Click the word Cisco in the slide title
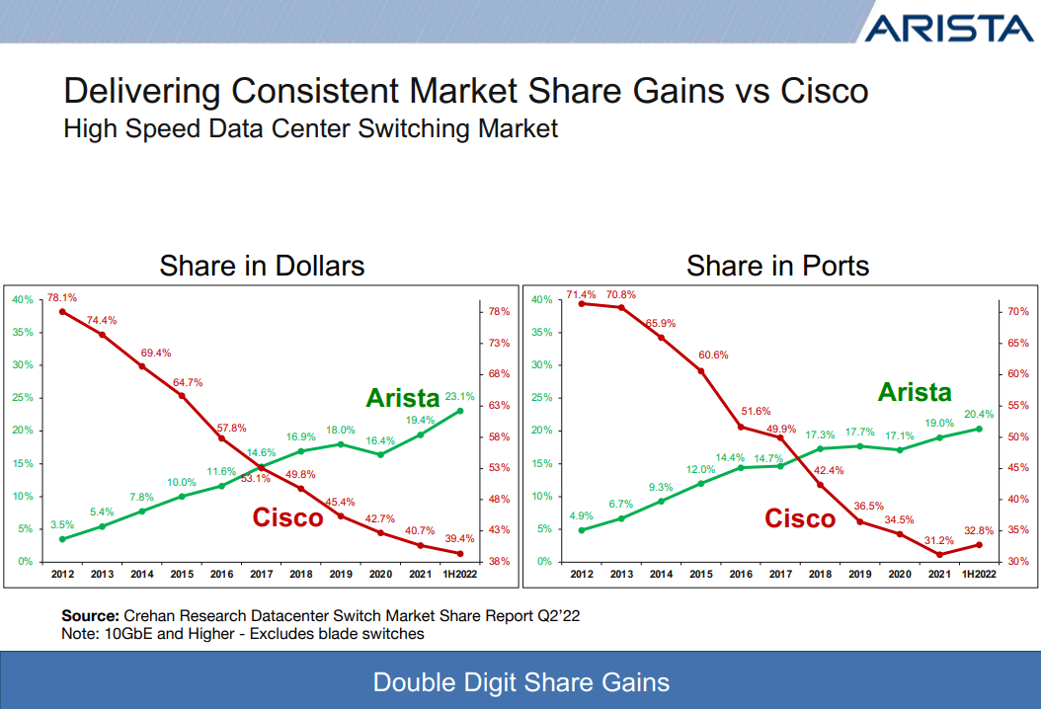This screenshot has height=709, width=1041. click(x=825, y=91)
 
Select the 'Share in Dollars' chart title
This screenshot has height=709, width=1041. click(x=262, y=266)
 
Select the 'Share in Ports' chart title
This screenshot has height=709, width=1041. click(x=777, y=266)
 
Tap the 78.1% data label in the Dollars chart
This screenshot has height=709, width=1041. click(x=62, y=296)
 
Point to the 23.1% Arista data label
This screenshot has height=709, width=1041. click(x=460, y=396)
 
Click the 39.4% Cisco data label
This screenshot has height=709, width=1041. click(x=459, y=538)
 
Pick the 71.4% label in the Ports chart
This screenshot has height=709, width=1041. click(x=581, y=294)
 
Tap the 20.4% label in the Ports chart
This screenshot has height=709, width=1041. click(x=980, y=415)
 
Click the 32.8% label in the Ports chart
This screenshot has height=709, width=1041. click(x=979, y=528)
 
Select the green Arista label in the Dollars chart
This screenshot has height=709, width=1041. click(x=402, y=398)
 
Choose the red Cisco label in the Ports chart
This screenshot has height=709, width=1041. click(x=800, y=518)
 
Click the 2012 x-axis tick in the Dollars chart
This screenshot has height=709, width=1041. click(x=62, y=574)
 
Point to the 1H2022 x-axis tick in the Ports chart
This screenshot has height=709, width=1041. click(x=979, y=574)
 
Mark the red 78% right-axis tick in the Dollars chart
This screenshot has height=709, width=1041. click(x=499, y=312)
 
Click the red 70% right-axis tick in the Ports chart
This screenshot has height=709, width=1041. click(x=1018, y=311)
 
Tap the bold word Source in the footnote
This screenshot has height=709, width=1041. click(x=91, y=615)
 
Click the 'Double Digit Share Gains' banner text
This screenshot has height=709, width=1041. click(x=520, y=682)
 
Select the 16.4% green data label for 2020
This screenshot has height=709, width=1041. click(x=381, y=440)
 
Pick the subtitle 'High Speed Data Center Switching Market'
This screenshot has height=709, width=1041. click(x=311, y=128)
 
